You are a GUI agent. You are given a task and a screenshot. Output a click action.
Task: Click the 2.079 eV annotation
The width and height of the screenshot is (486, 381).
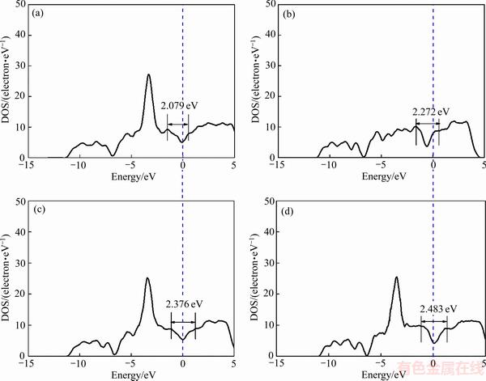pos(178,105)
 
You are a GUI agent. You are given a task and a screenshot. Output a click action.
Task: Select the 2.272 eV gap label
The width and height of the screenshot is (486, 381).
pos(430,112)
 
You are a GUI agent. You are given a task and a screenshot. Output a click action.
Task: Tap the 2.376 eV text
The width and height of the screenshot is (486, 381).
pos(184,304)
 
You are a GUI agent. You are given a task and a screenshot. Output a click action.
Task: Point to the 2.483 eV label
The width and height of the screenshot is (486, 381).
pos(438,309)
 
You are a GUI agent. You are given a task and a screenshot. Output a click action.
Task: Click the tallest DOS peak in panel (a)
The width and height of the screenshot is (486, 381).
pos(149,75)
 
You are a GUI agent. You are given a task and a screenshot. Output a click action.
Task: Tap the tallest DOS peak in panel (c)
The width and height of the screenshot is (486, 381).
pos(147,278)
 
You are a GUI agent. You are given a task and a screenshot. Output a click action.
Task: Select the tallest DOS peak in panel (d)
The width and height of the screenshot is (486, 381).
pos(396,277)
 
